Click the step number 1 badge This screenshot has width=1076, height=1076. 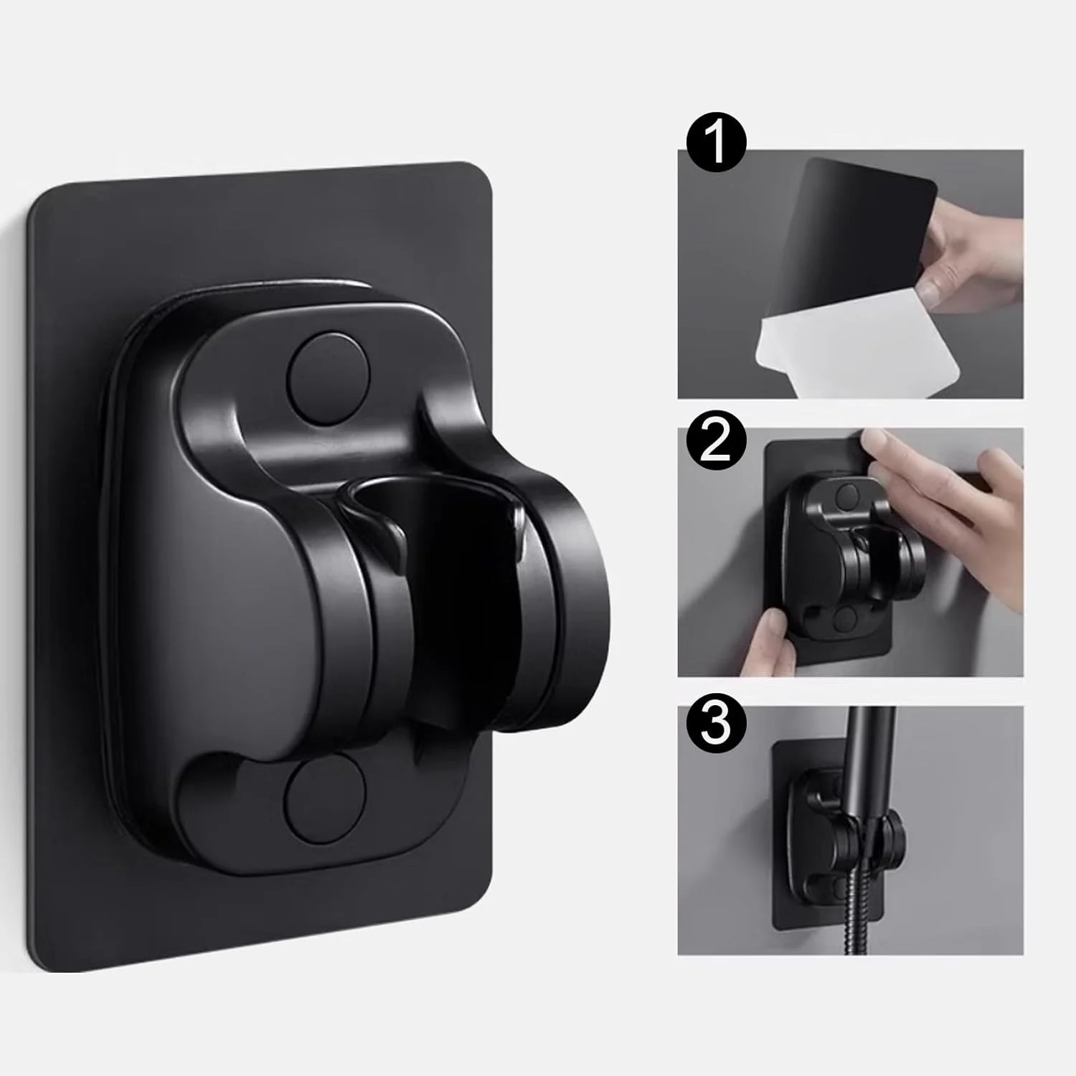click(716, 144)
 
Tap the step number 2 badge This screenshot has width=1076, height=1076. click(716, 443)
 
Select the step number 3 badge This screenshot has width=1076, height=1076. click(716, 722)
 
